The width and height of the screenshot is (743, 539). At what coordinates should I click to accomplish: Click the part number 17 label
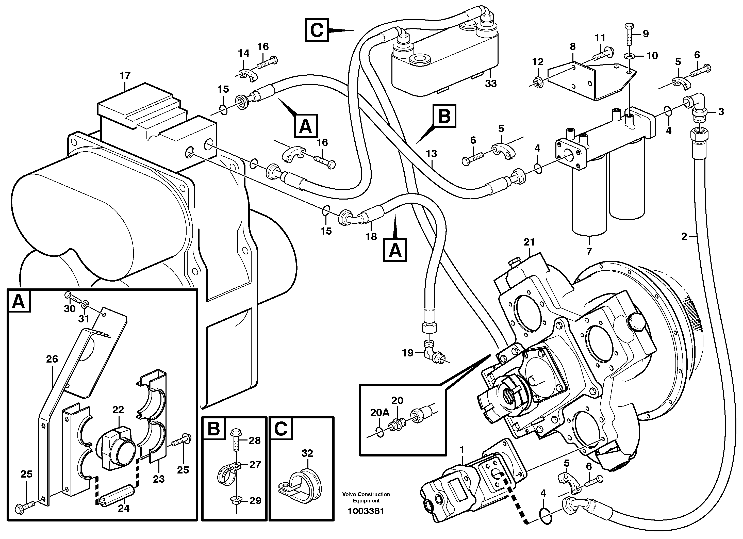click(x=125, y=76)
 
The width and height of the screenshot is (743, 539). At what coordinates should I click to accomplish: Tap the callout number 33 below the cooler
click(x=491, y=84)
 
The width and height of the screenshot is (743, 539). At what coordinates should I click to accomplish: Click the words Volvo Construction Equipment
click(x=366, y=497)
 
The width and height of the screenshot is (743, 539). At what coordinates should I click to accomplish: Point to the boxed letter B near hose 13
click(x=444, y=116)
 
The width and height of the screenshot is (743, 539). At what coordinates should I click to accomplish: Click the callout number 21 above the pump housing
click(x=529, y=242)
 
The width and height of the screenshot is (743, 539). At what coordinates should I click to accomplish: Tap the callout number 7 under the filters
click(x=589, y=252)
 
